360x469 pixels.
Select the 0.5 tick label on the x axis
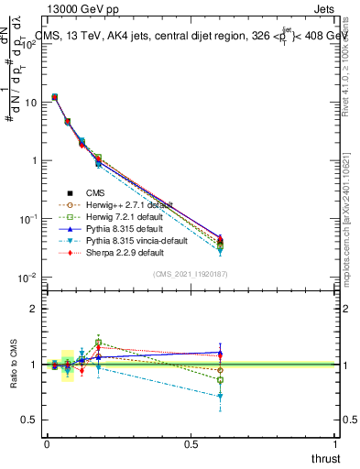click(x=191, y=443)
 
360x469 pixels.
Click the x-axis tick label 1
click(x=335, y=443)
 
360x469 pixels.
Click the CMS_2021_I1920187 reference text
click(x=191, y=273)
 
